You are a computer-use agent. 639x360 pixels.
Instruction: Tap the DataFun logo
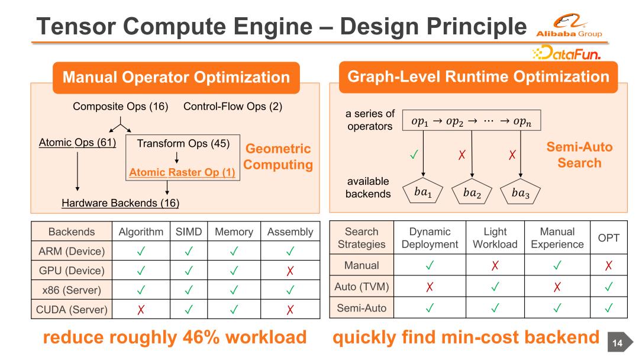coord(567,54)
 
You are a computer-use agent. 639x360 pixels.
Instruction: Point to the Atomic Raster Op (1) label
coord(182,173)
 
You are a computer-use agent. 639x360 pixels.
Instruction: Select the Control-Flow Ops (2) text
coord(233,107)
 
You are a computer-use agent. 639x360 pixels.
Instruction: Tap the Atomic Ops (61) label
coord(77,143)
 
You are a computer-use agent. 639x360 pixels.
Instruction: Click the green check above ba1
coord(414,156)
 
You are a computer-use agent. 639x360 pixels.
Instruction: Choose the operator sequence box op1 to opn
coord(472,121)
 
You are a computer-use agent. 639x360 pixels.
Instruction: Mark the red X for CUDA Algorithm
coord(141,309)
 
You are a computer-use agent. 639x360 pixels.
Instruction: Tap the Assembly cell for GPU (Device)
coord(290,271)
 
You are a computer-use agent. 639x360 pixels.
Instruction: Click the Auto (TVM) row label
coord(357,287)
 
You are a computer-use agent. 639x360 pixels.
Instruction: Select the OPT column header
coord(608,238)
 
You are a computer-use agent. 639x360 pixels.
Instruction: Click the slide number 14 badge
coord(617,342)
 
